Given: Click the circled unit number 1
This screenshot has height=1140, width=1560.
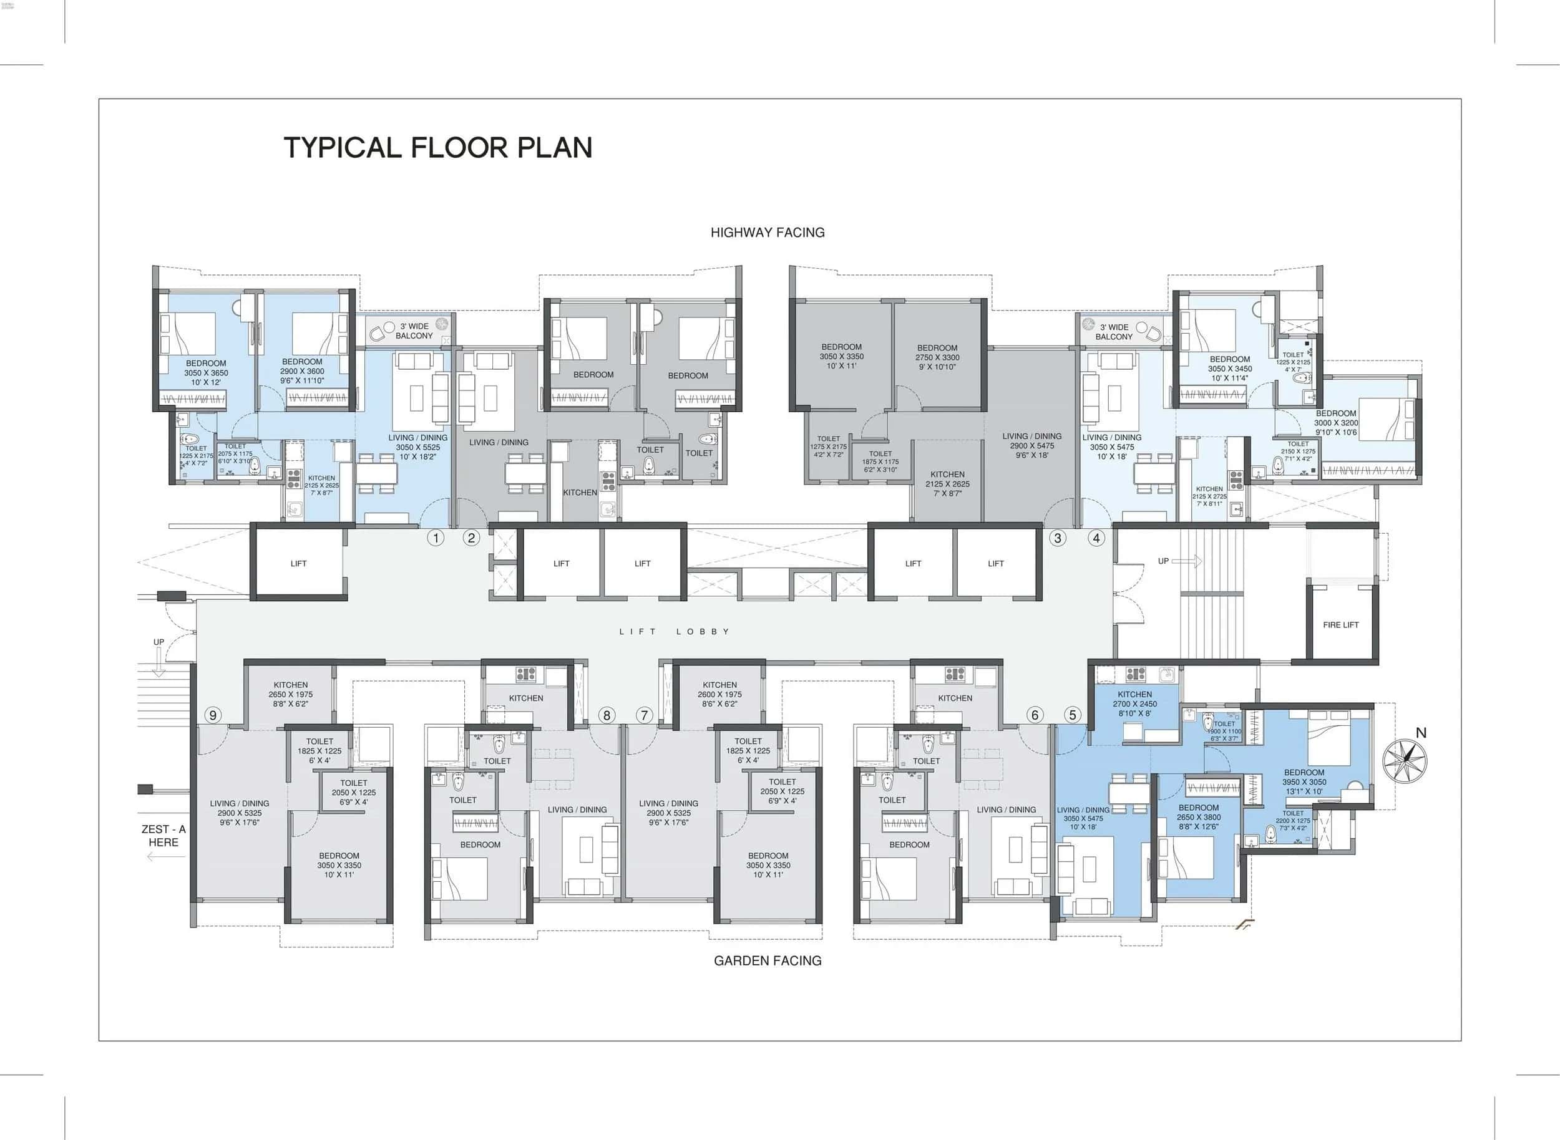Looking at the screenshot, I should click(435, 538).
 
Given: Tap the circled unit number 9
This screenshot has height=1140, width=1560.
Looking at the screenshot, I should click(213, 715).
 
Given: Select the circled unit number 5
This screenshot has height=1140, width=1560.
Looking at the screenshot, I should click(1073, 715).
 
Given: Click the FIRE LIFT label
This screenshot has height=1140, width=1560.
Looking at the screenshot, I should click(1340, 624).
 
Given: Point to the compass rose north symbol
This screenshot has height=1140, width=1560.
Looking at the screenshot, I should click(1404, 760).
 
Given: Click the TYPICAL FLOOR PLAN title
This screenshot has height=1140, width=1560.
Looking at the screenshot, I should click(438, 148).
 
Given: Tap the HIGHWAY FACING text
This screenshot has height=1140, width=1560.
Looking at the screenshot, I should click(768, 233).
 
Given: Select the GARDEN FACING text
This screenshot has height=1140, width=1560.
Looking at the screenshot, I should click(768, 960).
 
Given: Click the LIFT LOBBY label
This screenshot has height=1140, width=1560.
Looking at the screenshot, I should click(674, 631).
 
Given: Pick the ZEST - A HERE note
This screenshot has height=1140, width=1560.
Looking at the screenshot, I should click(163, 836).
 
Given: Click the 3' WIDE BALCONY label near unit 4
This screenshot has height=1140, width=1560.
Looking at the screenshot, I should click(1113, 332).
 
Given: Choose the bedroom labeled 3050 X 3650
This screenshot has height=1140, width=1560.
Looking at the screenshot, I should click(206, 373).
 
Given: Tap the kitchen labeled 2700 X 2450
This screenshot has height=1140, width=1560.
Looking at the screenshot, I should click(1134, 704).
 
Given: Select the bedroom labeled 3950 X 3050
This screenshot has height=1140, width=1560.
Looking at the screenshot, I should click(1304, 782).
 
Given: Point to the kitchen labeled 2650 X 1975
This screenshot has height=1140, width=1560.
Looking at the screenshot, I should click(291, 694).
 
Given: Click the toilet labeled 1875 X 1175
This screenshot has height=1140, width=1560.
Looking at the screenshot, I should click(880, 461).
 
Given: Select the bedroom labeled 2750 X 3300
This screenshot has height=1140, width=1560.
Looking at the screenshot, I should click(937, 357).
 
